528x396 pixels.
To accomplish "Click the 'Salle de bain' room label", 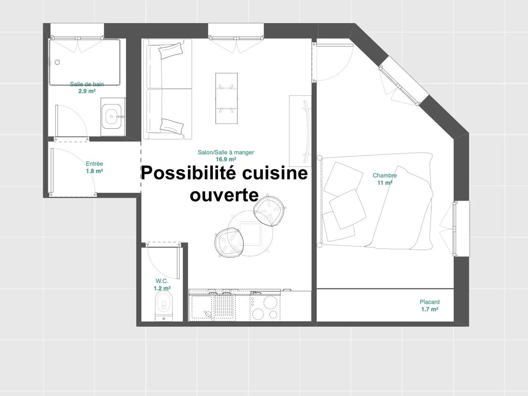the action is (87, 84).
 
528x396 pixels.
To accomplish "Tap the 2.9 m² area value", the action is (87, 91).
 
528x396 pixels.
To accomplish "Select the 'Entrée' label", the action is (94, 164).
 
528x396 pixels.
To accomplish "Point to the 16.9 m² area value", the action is (226, 159).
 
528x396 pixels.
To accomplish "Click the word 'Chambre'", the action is (385, 175).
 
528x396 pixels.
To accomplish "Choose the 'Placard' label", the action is (430, 302).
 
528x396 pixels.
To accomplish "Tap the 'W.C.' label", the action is (162, 281).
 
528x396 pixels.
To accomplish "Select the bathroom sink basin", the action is (112, 117).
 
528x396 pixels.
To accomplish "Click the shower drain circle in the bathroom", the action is (57, 62).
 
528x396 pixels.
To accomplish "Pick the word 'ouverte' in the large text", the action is (224, 195).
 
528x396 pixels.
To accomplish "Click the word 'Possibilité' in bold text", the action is (188, 173).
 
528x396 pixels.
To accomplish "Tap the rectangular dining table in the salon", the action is (226, 98).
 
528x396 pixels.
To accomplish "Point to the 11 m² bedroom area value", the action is (385, 183).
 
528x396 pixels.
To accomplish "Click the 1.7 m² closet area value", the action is (430, 309).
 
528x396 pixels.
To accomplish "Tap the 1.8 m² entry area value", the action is (94, 171).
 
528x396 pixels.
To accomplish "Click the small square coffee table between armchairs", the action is (250, 233).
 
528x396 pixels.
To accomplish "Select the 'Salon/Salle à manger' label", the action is (226, 152).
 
